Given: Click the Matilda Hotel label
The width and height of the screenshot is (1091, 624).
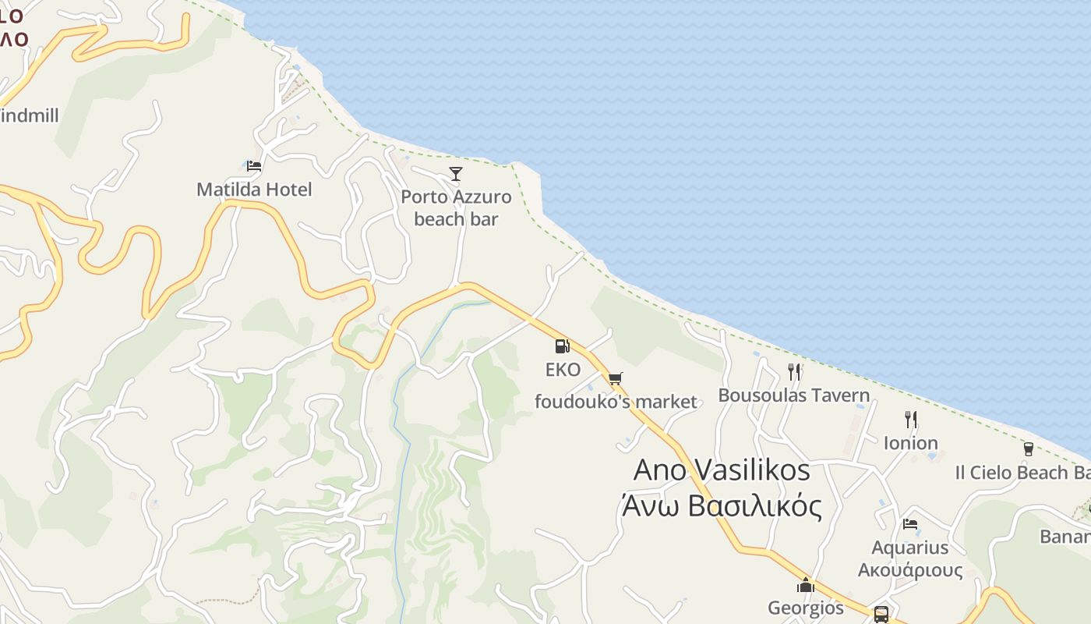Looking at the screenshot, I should [254, 190].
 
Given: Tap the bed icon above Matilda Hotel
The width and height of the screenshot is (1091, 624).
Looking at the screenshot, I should [254, 165].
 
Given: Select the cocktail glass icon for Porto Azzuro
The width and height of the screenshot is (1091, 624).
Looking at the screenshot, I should [456, 173].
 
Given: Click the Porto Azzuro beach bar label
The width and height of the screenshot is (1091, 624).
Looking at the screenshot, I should [456, 208].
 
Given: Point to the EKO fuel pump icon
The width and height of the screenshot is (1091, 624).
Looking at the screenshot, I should [562, 346].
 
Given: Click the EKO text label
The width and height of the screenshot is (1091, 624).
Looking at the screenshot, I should [563, 370].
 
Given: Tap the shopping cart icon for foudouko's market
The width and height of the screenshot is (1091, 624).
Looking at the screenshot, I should [616, 379].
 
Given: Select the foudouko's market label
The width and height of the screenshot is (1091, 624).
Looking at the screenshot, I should [616, 402].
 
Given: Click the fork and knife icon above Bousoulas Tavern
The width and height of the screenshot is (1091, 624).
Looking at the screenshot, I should [794, 371].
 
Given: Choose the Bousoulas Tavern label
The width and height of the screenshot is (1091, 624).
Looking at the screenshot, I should [793, 395].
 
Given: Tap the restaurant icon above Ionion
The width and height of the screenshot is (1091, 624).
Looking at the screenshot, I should [911, 420].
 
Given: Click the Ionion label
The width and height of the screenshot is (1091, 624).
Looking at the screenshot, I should [911, 443].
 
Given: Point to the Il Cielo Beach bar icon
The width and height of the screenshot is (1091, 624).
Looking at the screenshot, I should [1029, 449].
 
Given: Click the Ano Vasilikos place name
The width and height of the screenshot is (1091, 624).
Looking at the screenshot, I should [722, 470].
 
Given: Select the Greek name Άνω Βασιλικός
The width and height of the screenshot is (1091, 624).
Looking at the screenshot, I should [722, 506].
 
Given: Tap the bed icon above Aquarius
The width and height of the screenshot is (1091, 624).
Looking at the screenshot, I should [910, 524].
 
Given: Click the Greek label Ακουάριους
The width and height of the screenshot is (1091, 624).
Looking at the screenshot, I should [910, 570].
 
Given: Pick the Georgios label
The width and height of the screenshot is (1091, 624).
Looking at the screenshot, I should [806, 608].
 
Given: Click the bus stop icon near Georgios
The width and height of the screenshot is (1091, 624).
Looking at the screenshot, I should [881, 614].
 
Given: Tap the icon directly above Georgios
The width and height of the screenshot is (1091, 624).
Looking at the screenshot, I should [806, 585].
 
